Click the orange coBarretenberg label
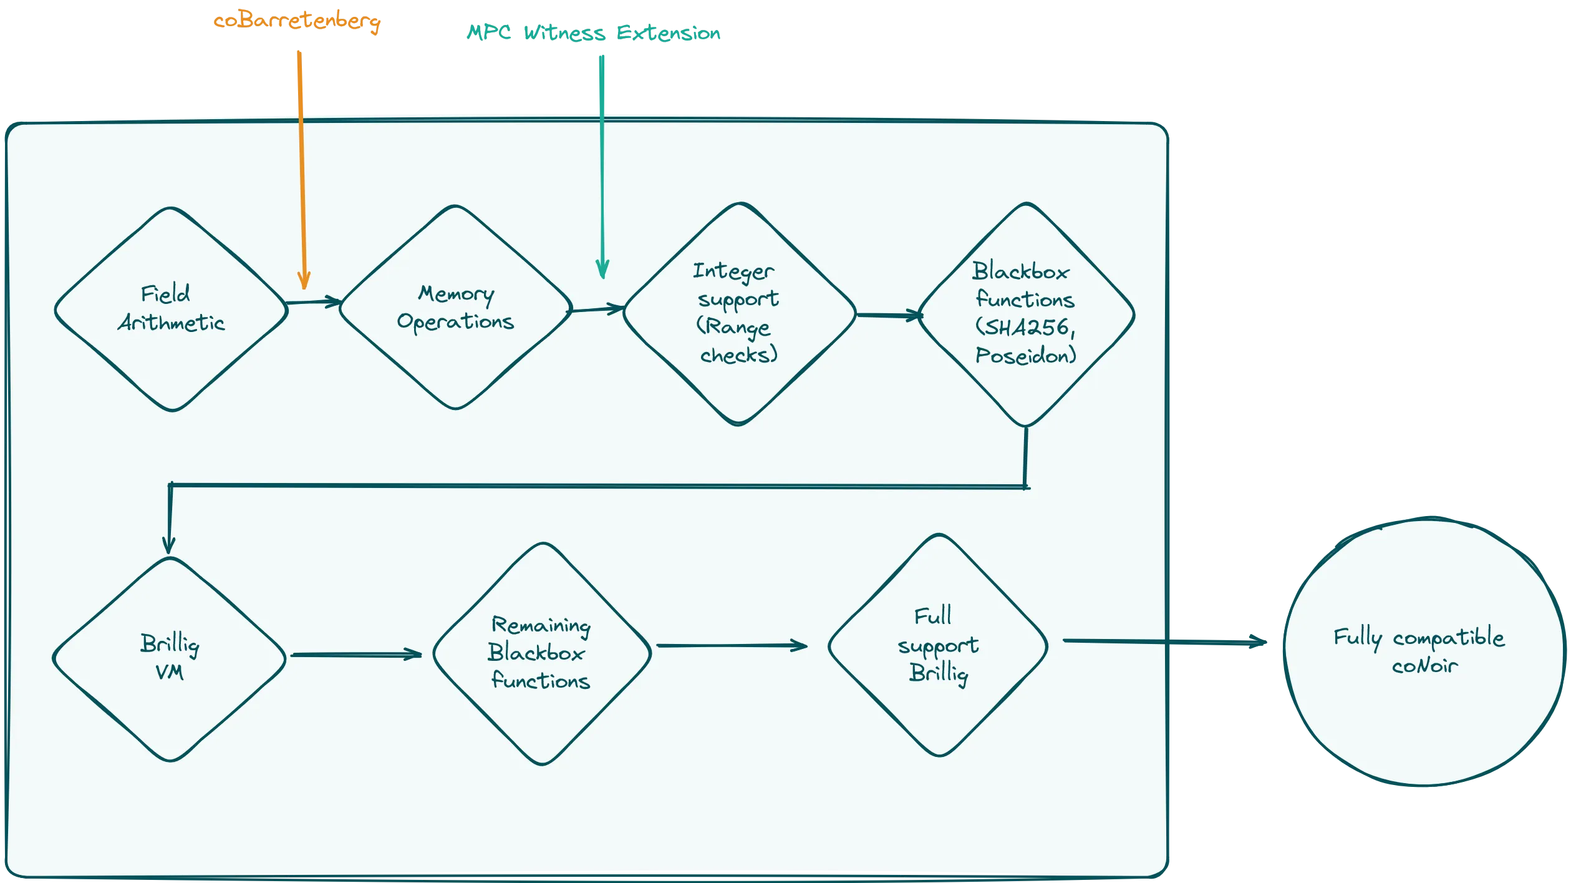click(x=297, y=22)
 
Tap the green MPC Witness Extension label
click(x=594, y=32)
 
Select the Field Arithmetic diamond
click(x=171, y=309)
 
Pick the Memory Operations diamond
click(x=455, y=308)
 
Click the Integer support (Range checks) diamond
click(x=739, y=313)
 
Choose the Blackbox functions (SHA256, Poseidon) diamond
click(x=1025, y=314)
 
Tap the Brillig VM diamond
click(x=170, y=658)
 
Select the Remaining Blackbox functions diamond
click(x=541, y=653)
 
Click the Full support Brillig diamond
click(x=938, y=645)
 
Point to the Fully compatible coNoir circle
click(x=1425, y=651)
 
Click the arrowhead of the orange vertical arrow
click(x=304, y=280)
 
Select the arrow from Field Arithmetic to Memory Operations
click(x=313, y=303)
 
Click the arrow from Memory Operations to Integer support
click(x=596, y=309)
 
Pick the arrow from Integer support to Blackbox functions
click(x=888, y=315)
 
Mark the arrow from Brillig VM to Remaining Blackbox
click(x=355, y=655)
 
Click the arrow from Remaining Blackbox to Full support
click(x=731, y=646)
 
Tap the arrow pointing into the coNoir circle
click(x=1164, y=641)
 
